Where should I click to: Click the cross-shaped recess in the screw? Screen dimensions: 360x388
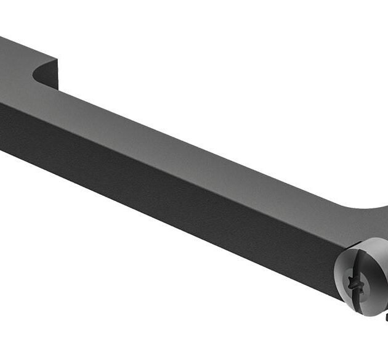356,284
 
